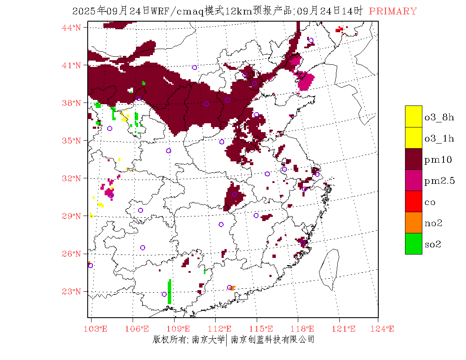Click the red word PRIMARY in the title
pyautogui.click(x=393, y=11)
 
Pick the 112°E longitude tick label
pyautogui.click(x=222, y=329)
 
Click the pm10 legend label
pyautogui.click(x=438, y=160)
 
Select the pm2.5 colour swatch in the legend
pyautogui.click(x=413, y=180)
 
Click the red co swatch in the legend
pyautogui.click(x=413, y=201)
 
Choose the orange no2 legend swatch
pyautogui.click(x=413, y=222)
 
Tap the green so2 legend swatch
pyautogui.click(x=413, y=244)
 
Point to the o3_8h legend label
pyautogui.click(x=439, y=117)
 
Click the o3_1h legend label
pyautogui.click(x=439, y=138)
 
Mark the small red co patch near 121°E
pyautogui.click(x=339, y=30)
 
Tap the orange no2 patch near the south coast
pyautogui.click(x=233, y=288)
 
